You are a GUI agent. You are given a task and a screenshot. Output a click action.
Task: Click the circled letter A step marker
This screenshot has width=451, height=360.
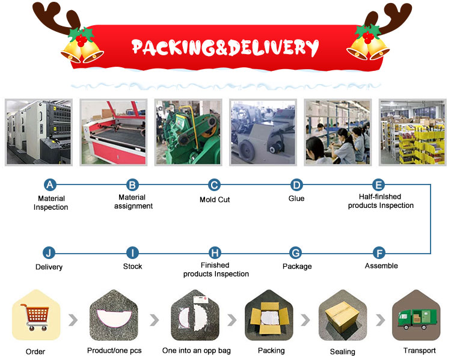click(50, 185)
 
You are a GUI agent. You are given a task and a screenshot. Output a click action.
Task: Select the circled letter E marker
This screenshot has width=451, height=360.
click(378, 185)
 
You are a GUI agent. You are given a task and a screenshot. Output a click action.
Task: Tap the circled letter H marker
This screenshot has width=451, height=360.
click(215, 253)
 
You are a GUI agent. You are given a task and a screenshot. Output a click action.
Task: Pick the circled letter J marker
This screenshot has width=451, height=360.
click(49, 253)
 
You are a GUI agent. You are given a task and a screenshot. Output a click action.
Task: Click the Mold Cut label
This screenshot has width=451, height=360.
click(215, 200)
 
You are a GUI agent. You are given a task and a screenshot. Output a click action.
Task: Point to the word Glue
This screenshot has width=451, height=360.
click(296, 198)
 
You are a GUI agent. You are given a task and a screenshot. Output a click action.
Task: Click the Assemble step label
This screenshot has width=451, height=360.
click(381, 266)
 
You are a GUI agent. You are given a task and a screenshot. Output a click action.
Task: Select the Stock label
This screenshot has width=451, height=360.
click(133, 266)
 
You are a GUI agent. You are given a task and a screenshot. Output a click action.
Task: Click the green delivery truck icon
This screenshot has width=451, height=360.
click(417, 319)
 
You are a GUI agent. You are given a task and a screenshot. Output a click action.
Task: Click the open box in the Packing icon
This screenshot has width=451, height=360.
click(269, 317)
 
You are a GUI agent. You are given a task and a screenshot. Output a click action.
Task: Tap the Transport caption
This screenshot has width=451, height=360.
click(419, 350)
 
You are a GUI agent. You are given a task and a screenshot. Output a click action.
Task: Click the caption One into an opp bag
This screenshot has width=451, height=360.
click(197, 350)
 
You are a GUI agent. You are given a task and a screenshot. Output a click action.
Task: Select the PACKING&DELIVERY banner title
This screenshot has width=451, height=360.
click(225, 47)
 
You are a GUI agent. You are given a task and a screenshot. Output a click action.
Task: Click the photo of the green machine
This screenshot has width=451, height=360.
click(188, 132)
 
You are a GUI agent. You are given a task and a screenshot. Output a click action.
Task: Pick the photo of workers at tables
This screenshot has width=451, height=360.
click(338, 132)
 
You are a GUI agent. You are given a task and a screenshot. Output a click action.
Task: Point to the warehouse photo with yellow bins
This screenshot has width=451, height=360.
click(413, 132)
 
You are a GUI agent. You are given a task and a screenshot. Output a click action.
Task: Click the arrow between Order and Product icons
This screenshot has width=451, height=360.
click(73, 320)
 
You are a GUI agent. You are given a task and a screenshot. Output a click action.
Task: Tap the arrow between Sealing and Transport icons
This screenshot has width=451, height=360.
click(380, 320)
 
